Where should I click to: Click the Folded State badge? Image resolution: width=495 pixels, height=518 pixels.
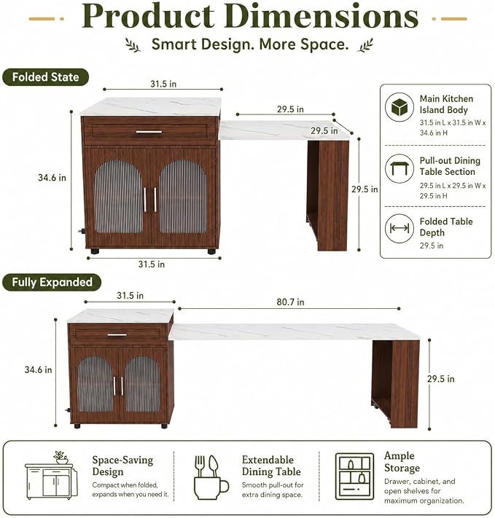tap(46, 77)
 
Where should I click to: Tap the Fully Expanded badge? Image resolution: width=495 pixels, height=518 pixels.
tap(52, 283)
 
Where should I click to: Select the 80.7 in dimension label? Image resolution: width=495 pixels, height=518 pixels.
tap(290, 302)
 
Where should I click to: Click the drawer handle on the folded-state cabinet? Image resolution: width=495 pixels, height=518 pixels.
tap(149, 132)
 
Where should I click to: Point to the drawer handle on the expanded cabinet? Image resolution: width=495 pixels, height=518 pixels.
tap(117, 335)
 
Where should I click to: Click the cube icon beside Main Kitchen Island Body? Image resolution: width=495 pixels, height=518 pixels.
tap(399, 107)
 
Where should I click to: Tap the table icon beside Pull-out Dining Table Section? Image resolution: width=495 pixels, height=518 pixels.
tap(399, 168)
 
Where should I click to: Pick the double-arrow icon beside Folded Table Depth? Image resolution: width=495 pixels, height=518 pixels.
tap(399, 228)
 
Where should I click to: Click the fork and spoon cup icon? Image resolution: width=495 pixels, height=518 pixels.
tap(210, 477)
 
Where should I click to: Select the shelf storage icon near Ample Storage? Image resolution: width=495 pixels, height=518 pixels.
tap(354, 476)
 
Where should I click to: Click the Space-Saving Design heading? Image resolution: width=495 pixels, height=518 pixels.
tap(122, 466)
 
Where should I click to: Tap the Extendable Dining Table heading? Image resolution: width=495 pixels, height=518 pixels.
tap(271, 466)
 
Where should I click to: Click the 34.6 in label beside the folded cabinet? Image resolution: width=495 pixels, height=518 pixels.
tap(52, 178)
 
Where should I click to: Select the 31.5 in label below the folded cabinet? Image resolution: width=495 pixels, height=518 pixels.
tap(152, 264)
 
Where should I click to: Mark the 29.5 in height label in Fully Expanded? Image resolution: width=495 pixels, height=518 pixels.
tap(441, 379)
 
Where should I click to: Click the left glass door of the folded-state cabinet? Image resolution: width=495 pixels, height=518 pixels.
tap(118, 196)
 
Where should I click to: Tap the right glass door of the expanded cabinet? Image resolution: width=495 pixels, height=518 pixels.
tap(142, 384)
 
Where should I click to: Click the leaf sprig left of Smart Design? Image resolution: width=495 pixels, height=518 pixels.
tap(133, 45)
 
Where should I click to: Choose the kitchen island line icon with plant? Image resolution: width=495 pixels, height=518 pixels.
tap(52, 476)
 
